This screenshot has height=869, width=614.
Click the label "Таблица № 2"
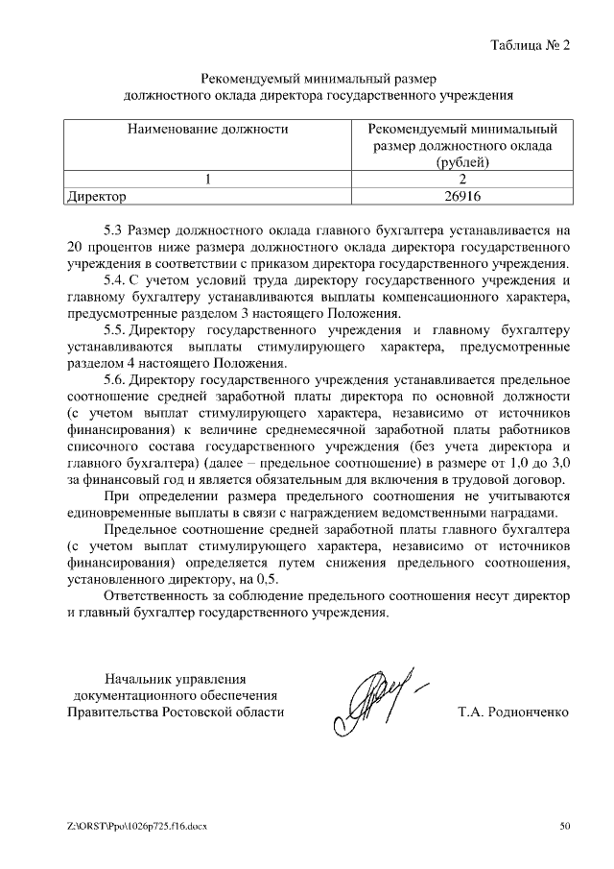(530, 45)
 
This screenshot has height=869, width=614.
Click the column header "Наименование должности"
(207, 128)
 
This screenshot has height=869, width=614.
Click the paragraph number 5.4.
(114, 280)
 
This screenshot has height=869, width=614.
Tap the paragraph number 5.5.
(114, 330)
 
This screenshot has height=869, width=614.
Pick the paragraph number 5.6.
(114, 380)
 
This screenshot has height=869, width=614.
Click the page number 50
(564, 825)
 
